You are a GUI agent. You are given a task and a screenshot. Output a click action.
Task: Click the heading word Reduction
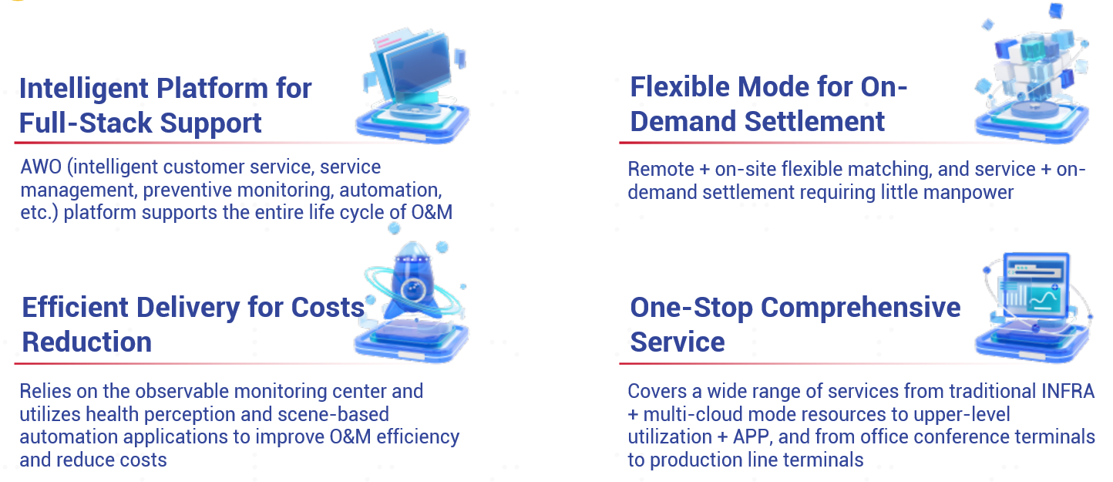click(87, 342)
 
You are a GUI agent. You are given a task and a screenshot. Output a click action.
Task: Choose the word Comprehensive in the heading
click(861, 308)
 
